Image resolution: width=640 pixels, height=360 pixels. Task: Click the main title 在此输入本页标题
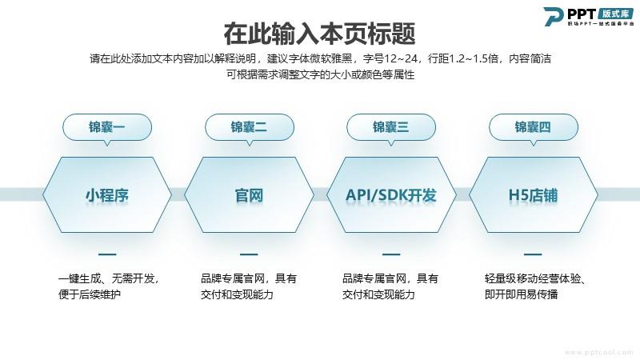pos(319,34)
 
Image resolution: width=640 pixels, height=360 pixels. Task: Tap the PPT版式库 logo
pos(589,17)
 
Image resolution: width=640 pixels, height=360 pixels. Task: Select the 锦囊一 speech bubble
pos(107,128)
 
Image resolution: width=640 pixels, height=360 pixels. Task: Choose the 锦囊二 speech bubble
pos(250,128)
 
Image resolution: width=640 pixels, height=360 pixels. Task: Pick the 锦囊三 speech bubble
pos(391,128)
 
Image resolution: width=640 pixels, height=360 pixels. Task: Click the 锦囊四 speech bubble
pos(534,128)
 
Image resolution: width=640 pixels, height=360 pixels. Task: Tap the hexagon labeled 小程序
pos(107,194)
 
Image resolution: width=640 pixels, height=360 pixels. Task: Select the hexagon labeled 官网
pos(249,194)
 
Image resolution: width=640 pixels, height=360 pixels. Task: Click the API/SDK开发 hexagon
pos(391,194)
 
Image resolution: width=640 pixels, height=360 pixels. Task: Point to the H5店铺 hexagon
pos(533,194)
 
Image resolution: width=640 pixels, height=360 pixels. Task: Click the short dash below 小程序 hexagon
pos(107,254)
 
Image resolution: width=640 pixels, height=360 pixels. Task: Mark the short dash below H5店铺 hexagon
pos(533,254)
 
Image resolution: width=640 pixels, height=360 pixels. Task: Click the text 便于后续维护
pos(90,294)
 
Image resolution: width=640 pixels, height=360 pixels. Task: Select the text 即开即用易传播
pos(522,294)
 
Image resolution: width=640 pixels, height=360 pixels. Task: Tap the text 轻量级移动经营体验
pos(532,278)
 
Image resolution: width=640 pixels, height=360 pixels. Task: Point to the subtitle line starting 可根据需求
pos(321,74)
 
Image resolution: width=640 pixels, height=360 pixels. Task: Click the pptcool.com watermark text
pos(599,352)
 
